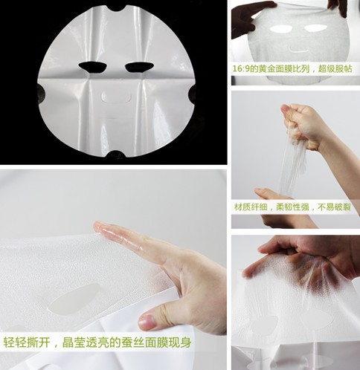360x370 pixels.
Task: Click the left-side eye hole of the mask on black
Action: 93,67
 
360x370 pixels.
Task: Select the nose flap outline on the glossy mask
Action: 116,97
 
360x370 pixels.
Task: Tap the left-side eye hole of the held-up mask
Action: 281,30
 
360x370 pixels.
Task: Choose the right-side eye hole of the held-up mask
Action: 316,28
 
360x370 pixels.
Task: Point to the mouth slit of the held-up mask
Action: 299,49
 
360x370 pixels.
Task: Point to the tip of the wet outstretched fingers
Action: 95,225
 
